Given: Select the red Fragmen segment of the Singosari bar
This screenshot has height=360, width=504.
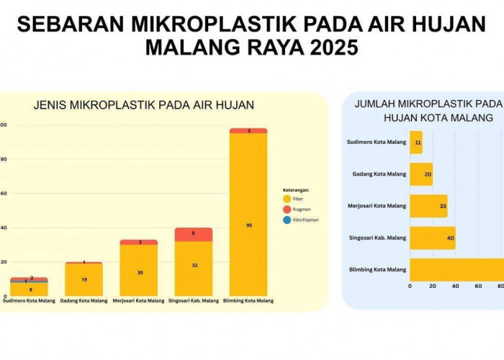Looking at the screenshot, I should (193, 234).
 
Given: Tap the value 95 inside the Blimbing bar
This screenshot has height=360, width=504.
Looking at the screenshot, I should (248, 225).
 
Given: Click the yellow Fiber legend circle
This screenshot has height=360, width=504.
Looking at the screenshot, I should (287, 199).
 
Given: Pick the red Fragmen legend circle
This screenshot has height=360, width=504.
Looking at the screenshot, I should (287, 209).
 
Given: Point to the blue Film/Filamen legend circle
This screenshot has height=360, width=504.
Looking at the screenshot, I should (287, 220).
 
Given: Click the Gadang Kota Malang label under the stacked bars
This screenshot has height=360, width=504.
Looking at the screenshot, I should (84, 300).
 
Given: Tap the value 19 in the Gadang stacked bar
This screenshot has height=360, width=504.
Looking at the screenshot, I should (84, 279).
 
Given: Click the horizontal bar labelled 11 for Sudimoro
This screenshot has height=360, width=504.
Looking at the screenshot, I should (416, 143).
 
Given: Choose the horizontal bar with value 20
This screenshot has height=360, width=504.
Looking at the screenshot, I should (421, 174).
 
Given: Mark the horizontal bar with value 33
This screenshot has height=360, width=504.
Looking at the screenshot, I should (428, 206).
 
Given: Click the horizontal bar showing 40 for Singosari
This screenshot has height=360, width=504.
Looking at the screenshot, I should (432, 238).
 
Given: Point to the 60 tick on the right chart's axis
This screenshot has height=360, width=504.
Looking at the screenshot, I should (478, 286).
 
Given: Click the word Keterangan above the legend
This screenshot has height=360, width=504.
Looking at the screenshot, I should (297, 189).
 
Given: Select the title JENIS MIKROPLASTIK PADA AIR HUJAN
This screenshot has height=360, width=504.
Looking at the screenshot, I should (144, 105).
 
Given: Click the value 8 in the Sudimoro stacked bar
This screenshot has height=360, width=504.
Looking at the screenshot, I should (30, 289).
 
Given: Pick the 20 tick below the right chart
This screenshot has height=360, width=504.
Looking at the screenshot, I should (432, 286).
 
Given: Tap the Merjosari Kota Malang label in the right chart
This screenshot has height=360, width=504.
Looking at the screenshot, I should (376, 206).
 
